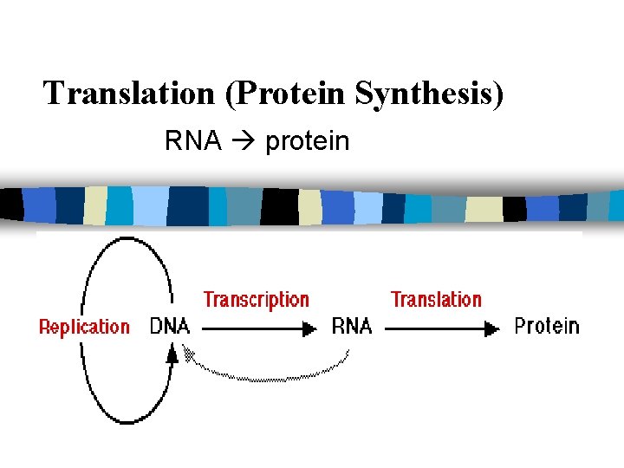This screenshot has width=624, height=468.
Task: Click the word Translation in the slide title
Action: [130, 93]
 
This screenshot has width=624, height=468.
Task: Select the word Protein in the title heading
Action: [290, 93]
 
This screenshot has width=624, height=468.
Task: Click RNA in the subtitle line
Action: [192, 141]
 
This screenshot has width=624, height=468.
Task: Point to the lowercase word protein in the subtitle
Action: [307, 141]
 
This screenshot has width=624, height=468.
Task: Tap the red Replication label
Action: [84, 327]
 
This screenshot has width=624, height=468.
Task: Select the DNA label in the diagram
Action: [169, 326]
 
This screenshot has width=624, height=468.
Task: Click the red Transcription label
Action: [256, 300]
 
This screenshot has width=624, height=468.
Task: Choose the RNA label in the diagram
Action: [352, 326]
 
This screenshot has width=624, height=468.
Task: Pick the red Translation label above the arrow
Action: [436, 300]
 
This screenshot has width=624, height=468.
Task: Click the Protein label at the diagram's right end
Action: [546, 326]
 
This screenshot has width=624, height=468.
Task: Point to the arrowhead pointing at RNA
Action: [307, 329]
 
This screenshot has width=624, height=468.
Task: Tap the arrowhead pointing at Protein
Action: [492, 329]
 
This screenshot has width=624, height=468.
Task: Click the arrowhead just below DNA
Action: [172, 353]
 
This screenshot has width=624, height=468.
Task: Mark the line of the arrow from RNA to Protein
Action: [433, 329]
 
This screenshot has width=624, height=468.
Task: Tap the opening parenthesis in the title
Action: [230, 94]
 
